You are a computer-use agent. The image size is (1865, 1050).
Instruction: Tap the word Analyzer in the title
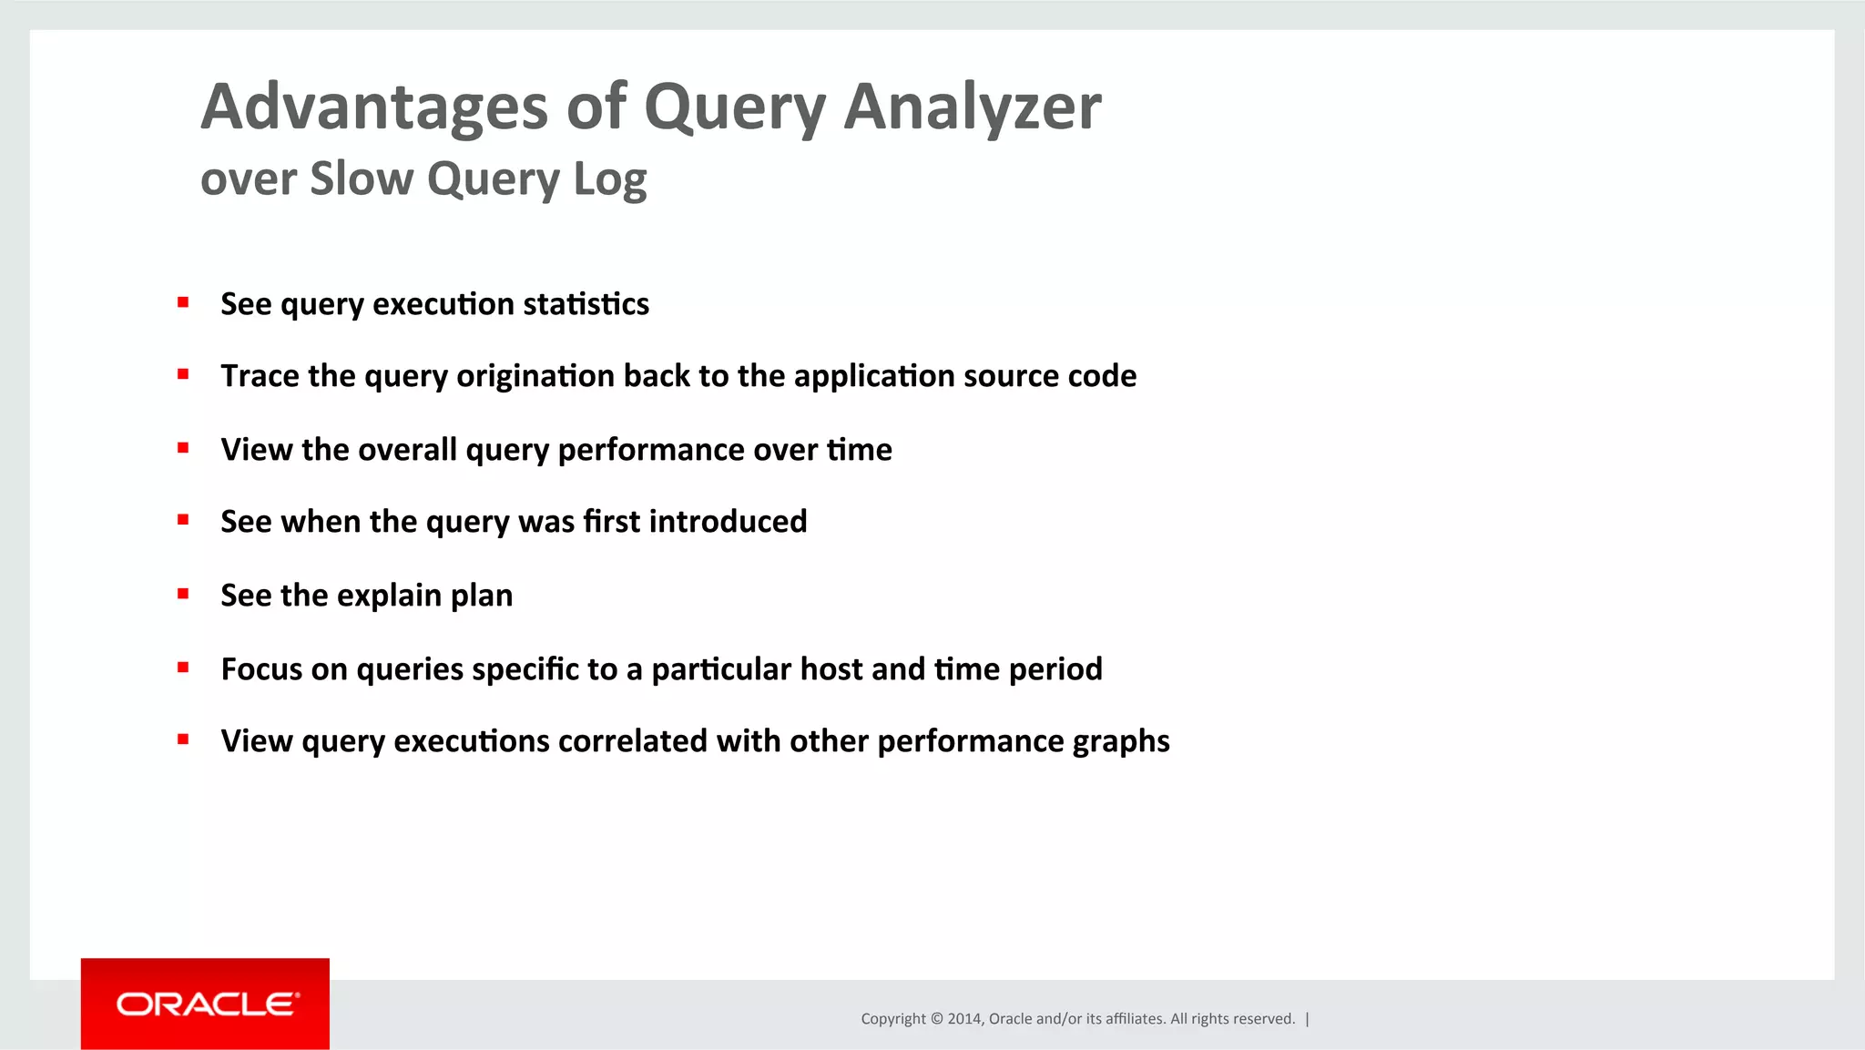972,107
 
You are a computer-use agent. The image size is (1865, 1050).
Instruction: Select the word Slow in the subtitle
361,178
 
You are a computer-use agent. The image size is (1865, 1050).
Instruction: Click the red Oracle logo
205,1004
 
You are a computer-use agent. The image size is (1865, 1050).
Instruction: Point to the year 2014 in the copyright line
963,1019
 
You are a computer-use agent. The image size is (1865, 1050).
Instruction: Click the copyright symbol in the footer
936,1019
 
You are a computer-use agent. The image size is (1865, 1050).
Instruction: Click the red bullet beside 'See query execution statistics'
183,302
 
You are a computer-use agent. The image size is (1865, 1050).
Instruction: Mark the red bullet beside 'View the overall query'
183,448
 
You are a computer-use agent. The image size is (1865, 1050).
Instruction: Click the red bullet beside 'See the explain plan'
183,594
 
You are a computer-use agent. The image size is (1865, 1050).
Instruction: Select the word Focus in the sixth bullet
260,669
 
